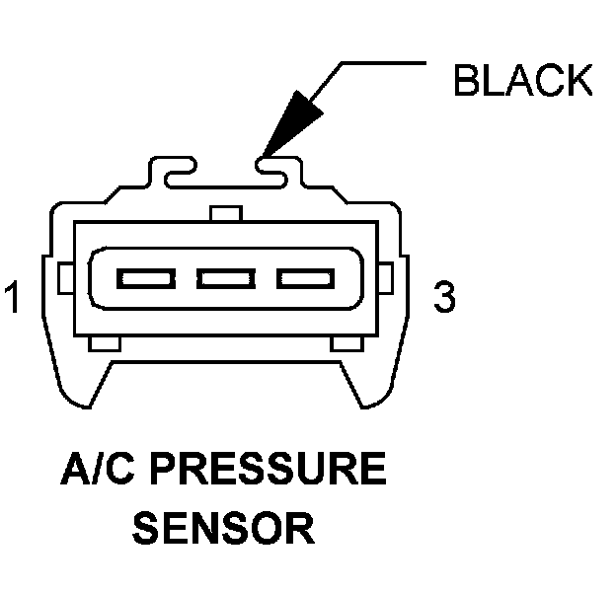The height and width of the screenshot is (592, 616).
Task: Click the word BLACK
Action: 523,81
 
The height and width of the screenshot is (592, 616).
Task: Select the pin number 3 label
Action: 445,297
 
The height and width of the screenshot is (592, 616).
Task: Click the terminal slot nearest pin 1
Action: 145,278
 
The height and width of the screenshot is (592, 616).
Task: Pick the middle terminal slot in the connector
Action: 224,278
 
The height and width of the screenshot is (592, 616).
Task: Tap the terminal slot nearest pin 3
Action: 303,278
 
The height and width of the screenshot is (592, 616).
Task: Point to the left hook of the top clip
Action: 176,175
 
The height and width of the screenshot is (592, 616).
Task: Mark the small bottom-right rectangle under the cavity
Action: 346,343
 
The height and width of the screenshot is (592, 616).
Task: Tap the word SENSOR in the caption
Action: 224,528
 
